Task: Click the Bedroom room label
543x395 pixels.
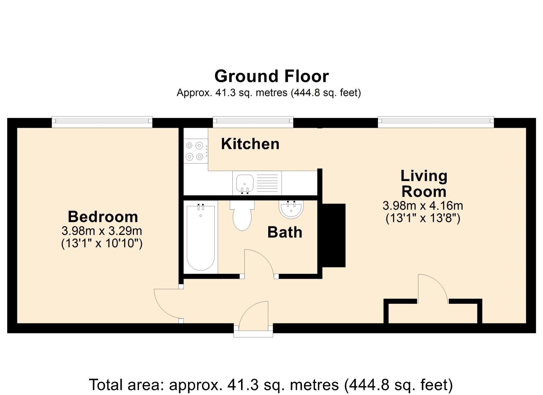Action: tap(103, 217)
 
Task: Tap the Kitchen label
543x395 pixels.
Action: tap(250, 144)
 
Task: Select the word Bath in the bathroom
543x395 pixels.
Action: tap(285, 232)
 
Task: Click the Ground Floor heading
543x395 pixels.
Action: tap(271, 76)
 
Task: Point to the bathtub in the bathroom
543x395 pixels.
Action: tap(201, 238)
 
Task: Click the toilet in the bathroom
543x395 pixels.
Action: tap(242, 215)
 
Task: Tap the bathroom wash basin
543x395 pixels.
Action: tap(291, 210)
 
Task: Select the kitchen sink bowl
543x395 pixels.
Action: tap(245, 183)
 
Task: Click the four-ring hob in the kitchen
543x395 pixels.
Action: tap(196, 151)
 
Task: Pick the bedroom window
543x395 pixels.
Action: tap(102, 122)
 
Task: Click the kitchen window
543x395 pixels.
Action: tap(253, 122)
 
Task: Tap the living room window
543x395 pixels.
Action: tap(436, 122)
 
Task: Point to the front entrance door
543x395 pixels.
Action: tap(253, 315)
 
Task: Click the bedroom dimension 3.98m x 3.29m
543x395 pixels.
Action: tap(102, 231)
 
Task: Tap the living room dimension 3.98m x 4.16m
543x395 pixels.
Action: tap(423, 206)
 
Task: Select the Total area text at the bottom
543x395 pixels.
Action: tap(271, 385)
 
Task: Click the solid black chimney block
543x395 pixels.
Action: tap(333, 235)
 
